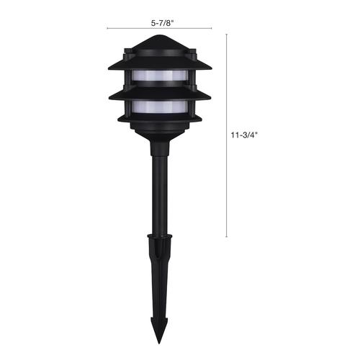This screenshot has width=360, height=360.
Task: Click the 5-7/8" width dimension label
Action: tap(162, 23)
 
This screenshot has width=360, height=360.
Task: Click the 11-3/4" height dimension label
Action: tap(244, 135)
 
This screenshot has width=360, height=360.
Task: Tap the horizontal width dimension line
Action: tap(159, 28)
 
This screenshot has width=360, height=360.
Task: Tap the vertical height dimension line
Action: tap(227, 135)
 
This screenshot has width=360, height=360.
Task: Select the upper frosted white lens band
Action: tap(159, 76)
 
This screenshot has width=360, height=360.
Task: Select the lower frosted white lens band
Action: tap(160, 107)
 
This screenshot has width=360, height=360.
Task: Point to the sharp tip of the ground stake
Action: tap(159, 344)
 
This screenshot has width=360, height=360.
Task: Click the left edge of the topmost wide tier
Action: tap(109, 68)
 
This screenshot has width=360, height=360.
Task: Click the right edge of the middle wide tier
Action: tap(210, 97)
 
